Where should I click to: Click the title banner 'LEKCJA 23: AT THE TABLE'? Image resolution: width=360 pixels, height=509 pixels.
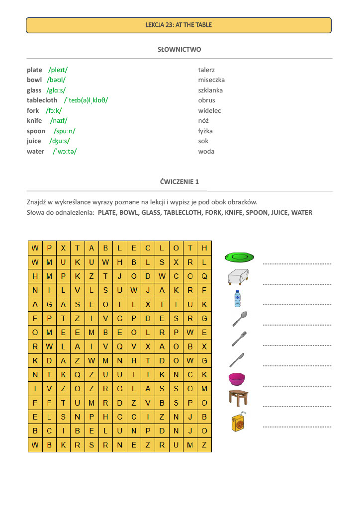pos(179,25)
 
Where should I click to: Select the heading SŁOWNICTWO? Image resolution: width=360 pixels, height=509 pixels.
pos(179,50)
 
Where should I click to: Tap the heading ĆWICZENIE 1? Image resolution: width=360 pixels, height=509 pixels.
pos(179,182)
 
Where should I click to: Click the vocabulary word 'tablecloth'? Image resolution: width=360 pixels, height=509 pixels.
pos(42,100)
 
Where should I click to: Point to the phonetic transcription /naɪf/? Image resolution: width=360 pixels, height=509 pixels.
pos(59,121)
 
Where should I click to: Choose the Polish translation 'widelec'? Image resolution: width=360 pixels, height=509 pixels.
pos(209,111)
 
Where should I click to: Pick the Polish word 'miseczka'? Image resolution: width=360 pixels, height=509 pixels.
pos(211,80)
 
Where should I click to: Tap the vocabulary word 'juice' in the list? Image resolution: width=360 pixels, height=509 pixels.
pos(34,141)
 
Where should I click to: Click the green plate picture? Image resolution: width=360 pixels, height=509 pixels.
pos(239,257)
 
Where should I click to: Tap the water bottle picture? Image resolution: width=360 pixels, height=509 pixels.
pos(237,299)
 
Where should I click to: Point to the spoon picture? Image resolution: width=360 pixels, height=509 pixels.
pos(240,319)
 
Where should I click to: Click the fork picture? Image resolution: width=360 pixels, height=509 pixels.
pos(239,339)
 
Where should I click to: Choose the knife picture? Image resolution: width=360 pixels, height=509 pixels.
pos(237,359)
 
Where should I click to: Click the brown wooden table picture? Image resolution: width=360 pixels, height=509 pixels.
pos(238,398)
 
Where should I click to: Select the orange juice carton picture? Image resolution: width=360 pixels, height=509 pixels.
pos(239,422)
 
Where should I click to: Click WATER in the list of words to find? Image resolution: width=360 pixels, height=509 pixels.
pos(302,213)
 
